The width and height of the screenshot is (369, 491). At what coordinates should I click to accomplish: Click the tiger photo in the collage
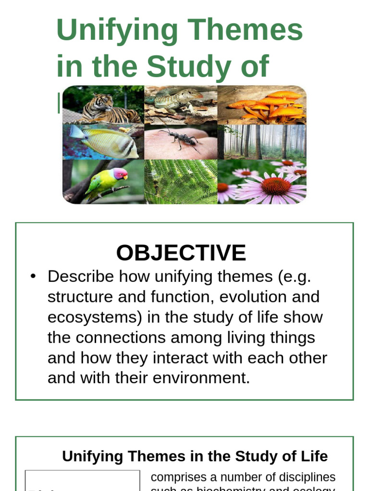[103, 105]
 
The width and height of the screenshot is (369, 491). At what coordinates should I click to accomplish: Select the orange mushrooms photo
[262, 105]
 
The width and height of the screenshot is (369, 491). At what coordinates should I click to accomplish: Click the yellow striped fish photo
[103, 142]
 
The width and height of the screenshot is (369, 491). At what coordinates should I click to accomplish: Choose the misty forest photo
[262, 142]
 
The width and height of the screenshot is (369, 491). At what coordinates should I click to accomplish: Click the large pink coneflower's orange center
[276, 186]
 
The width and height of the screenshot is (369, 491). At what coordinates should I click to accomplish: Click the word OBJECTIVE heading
[181, 253]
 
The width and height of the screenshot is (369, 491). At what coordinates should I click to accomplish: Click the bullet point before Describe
[33, 277]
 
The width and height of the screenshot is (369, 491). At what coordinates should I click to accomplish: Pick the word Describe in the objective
[81, 277]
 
